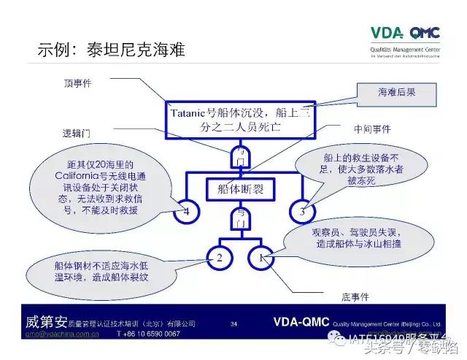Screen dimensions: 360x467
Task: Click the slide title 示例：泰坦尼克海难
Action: (x=111, y=50)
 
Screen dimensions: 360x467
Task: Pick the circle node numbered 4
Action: (x=186, y=212)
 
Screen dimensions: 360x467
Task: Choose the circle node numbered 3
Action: (x=303, y=212)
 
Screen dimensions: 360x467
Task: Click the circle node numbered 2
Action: (x=219, y=257)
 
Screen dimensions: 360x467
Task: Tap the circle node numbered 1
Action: (x=263, y=257)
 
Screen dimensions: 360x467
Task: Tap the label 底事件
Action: (x=357, y=297)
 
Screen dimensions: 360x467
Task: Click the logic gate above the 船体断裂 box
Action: (x=241, y=156)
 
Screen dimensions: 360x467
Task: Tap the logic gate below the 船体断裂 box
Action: (x=241, y=217)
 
